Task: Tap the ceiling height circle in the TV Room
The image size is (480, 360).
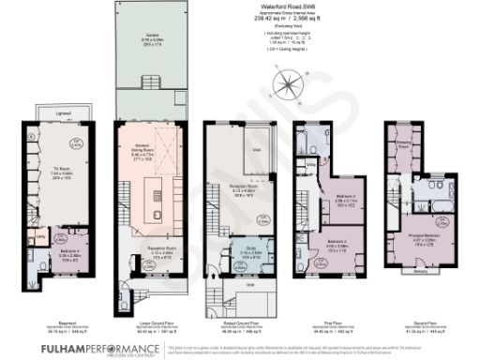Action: click(77, 145)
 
